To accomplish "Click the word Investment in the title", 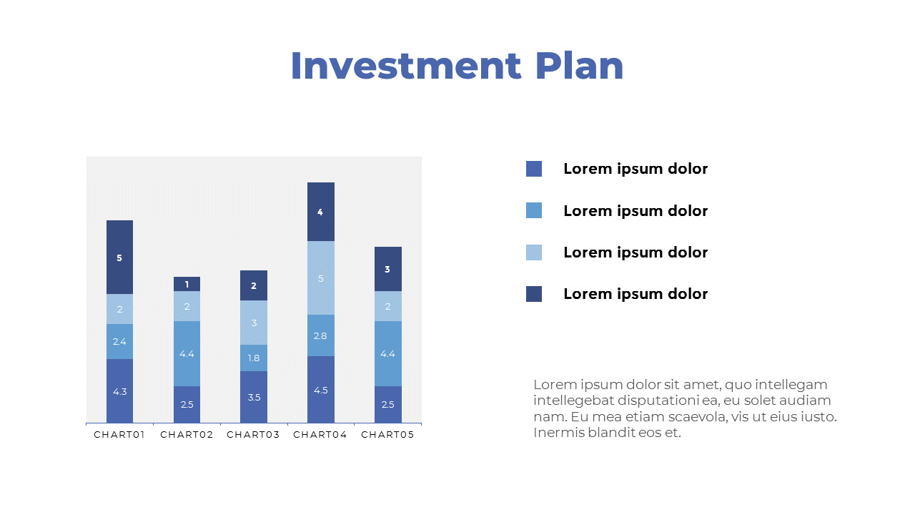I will point(406,66).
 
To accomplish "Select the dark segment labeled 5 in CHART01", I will point(119,257).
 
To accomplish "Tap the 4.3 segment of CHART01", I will point(119,391).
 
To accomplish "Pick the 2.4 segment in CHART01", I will point(119,341).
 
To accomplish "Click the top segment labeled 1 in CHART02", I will point(187,284).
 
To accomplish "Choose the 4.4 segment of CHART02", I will point(187,353).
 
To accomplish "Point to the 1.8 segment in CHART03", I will point(254,358).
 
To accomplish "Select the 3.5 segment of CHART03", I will point(254,397).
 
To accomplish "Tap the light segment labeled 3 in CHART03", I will point(254,323).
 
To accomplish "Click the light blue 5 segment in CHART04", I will point(320,278).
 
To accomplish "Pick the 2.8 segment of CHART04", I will point(320,335).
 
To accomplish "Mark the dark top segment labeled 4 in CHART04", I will point(320,212).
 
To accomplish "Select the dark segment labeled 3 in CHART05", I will point(387,269).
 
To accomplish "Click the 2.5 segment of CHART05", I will point(387,404).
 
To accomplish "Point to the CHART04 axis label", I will point(320,435).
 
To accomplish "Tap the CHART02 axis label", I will point(187,435).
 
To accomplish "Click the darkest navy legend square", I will point(534,294).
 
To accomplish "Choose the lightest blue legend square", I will point(534,252).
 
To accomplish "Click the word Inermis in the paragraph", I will point(557,433).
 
